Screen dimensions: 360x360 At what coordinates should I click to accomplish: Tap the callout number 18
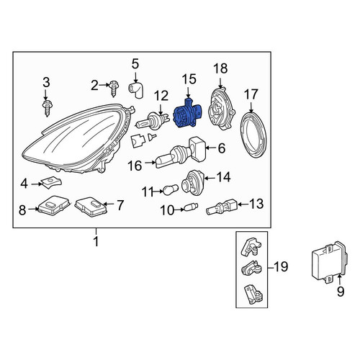pyautogui.click(x=220, y=68)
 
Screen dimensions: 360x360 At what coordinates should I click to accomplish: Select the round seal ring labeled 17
pyautogui.click(x=253, y=135)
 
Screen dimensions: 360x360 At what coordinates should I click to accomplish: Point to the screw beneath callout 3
pyautogui.click(x=47, y=109)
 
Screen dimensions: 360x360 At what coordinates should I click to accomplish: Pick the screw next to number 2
pyautogui.click(x=114, y=88)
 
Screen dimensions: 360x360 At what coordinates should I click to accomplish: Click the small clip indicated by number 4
pyautogui.click(x=52, y=183)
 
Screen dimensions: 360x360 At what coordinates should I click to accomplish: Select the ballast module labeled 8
pyautogui.click(x=54, y=205)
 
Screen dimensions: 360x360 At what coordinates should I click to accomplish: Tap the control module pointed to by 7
pyautogui.click(x=91, y=207)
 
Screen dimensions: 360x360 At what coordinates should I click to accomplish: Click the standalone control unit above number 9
pyautogui.click(x=329, y=263)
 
